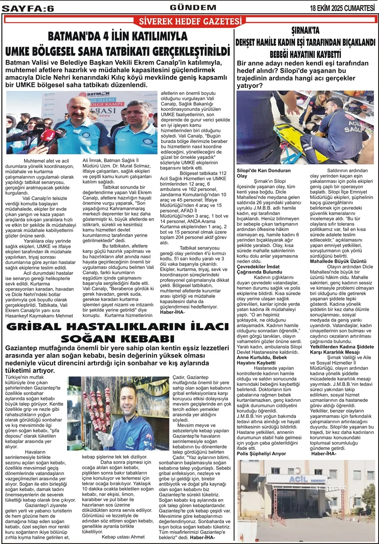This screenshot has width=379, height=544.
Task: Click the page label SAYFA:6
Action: (x=28, y=8)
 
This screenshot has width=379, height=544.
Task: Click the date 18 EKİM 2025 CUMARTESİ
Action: (x=343, y=8)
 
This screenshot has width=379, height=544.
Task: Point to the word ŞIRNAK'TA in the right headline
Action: (x=305, y=31)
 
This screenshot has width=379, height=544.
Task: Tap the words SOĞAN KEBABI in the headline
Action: (x=117, y=339)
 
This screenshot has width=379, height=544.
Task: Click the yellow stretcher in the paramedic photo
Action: (x=293, y=136)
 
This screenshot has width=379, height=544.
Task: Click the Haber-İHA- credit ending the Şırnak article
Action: (x=324, y=453)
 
